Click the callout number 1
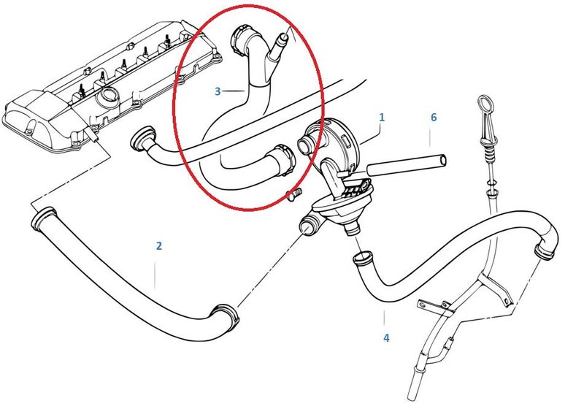(x=381, y=118)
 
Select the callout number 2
(x=159, y=246)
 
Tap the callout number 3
(x=218, y=91)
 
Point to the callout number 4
(x=386, y=338)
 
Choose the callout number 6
(x=434, y=118)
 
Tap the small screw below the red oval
(x=294, y=194)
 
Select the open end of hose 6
(x=442, y=161)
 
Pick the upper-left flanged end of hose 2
(x=44, y=218)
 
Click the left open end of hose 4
(x=362, y=258)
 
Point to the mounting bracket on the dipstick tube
(x=436, y=306)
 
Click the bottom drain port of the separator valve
(x=352, y=228)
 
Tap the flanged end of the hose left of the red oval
(x=143, y=138)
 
